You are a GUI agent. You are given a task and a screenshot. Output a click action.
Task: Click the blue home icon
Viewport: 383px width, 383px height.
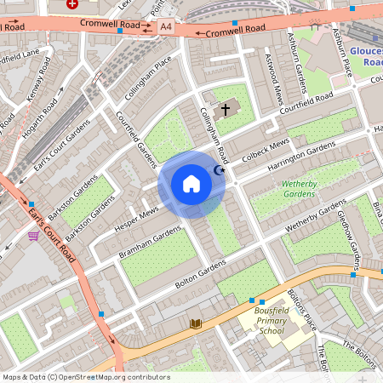tap(191, 184)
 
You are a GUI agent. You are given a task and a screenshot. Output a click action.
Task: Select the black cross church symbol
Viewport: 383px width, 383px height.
tap(226, 109)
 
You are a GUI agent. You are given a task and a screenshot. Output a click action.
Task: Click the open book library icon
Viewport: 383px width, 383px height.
tap(197, 323)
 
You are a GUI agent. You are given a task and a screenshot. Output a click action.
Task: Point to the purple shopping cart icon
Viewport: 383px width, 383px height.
tap(33, 236)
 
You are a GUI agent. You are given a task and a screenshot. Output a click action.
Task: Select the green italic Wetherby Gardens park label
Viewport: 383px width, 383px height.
tap(286, 188)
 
